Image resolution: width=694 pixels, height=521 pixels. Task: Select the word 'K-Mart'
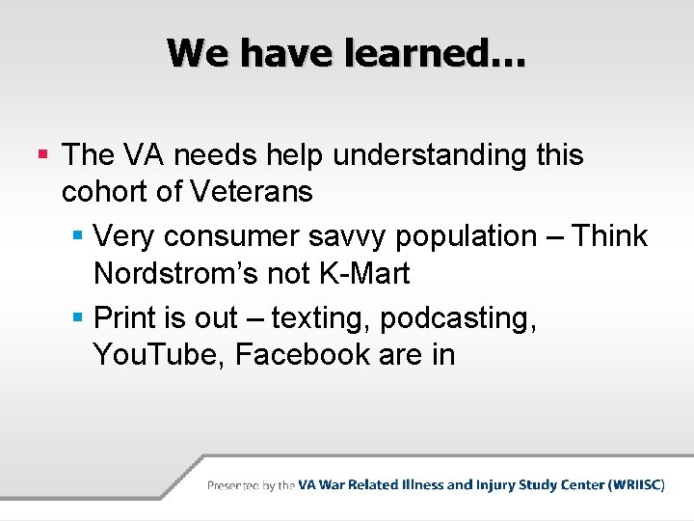tap(364, 274)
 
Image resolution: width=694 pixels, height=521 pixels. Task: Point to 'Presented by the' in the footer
tap(251, 485)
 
